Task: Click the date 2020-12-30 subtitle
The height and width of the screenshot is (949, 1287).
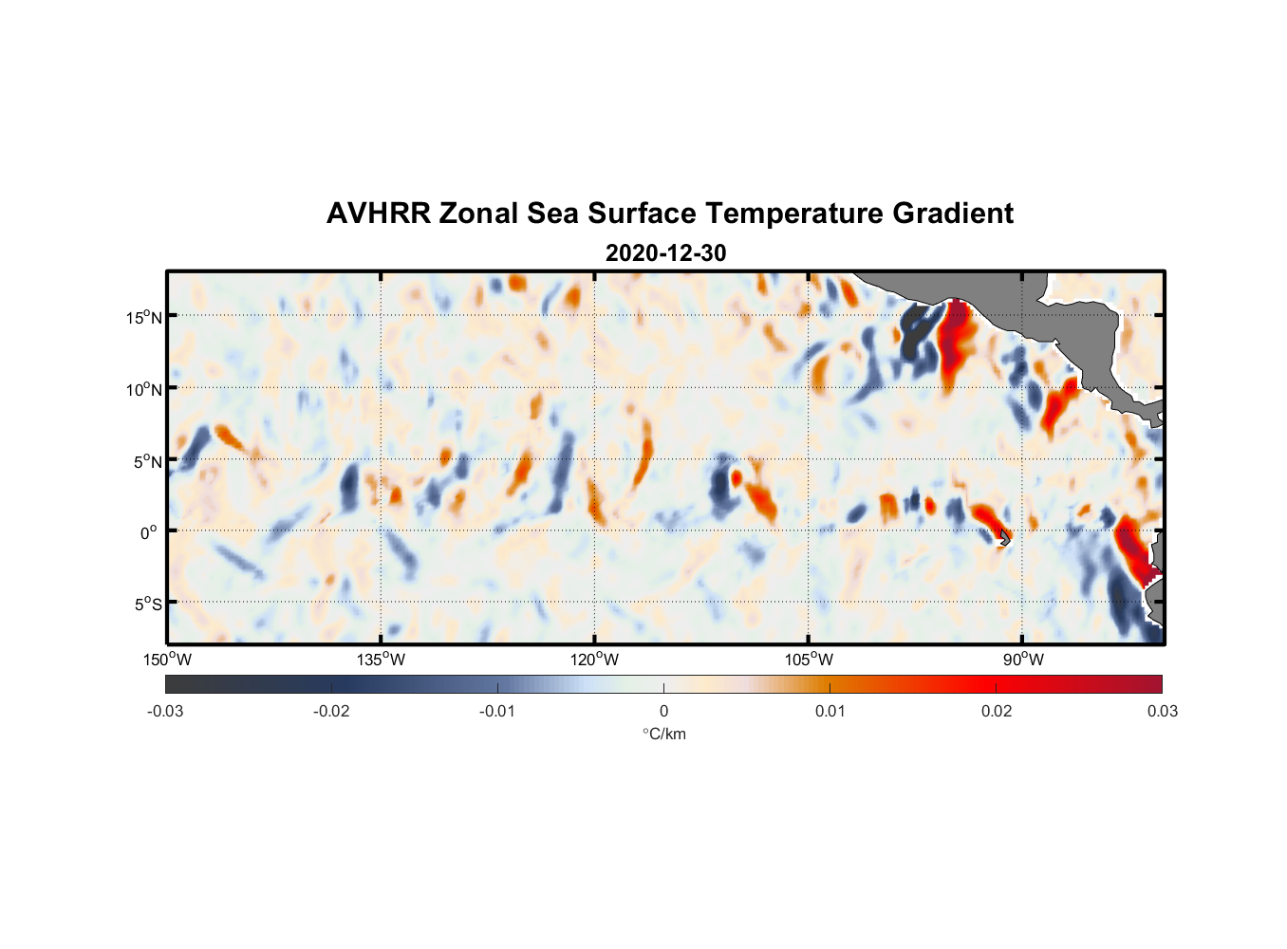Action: (x=665, y=253)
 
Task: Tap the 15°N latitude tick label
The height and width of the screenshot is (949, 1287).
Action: (x=144, y=317)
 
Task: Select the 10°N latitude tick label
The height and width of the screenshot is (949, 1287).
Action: (x=144, y=389)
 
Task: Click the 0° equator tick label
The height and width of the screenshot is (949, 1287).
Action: (x=149, y=532)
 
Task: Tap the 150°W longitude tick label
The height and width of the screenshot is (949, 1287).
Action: (x=167, y=660)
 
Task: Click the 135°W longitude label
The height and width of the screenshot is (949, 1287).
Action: (x=381, y=660)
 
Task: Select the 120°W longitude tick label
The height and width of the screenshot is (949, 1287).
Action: (x=594, y=660)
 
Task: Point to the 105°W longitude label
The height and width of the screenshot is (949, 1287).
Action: (x=809, y=660)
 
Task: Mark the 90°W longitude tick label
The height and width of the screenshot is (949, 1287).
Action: (x=1022, y=660)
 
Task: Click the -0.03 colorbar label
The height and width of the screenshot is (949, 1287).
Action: (x=165, y=711)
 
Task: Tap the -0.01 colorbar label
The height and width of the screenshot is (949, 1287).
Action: (x=497, y=711)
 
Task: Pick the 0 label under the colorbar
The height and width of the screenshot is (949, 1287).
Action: (x=663, y=711)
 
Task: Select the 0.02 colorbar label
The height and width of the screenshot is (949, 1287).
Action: (x=997, y=711)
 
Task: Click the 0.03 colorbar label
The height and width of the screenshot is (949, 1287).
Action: (x=1162, y=711)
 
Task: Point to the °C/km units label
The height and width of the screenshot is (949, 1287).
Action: (x=663, y=734)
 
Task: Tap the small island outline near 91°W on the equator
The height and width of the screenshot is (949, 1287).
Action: (x=1004, y=538)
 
